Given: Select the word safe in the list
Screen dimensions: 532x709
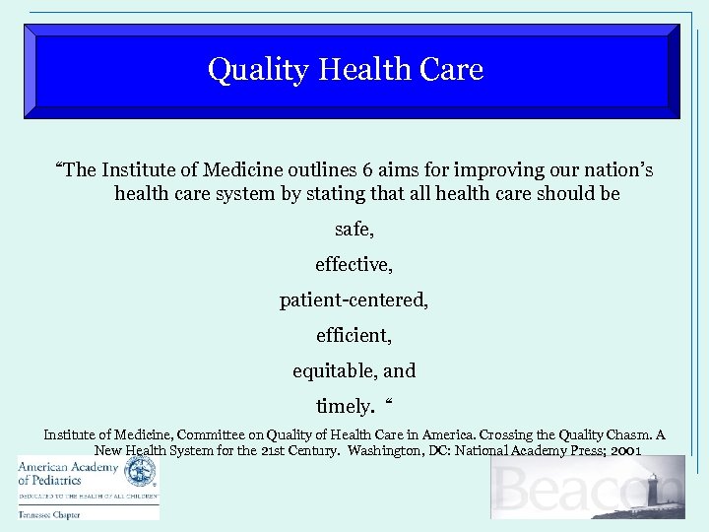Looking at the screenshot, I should click(x=353, y=230).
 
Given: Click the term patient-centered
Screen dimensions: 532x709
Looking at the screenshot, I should click(x=354, y=299).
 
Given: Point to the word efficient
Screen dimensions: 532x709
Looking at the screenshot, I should click(x=353, y=335).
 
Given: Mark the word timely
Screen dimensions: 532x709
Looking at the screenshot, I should click(x=344, y=406).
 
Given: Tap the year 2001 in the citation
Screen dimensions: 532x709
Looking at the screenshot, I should click(x=626, y=450).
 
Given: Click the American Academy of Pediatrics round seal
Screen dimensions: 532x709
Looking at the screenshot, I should click(x=142, y=473).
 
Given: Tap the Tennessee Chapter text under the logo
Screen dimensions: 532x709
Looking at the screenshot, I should click(x=46, y=514).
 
